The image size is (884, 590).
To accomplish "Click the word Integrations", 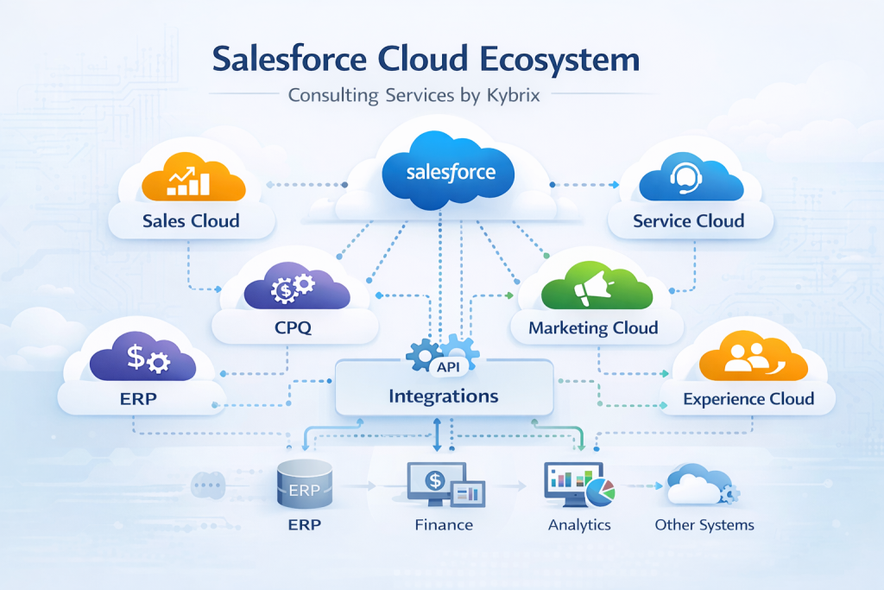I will pyautogui.click(x=444, y=397).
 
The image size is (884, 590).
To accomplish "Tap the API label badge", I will pyautogui.click(x=447, y=367).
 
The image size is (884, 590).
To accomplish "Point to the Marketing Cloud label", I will pyautogui.click(x=593, y=327).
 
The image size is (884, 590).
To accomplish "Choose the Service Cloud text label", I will pyautogui.click(x=688, y=221).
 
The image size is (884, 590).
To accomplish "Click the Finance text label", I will pyautogui.click(x=444, y=524).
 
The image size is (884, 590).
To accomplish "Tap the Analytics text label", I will pyautogui.click(x=579, y=524).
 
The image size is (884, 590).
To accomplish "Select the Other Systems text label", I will pyautogui.click(x=704, y=524).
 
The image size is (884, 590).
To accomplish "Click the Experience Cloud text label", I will pyautogui.click(x=748, y=398).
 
